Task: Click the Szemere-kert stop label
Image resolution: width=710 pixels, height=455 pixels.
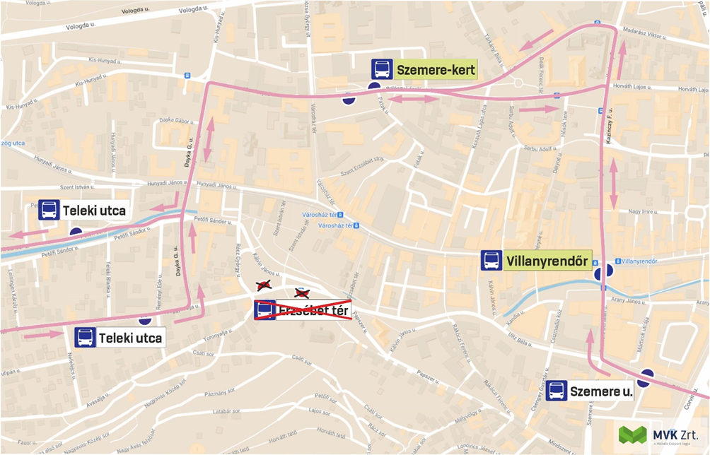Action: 436,70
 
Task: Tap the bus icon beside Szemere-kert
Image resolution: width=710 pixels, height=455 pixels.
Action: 383,69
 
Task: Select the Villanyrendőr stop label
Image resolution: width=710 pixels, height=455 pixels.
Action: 547,261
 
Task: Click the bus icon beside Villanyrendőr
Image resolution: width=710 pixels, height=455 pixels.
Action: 491,261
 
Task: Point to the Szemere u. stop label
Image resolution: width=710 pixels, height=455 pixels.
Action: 601,391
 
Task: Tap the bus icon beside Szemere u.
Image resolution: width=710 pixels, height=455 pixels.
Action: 557,391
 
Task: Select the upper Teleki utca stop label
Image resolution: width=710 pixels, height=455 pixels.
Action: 94,211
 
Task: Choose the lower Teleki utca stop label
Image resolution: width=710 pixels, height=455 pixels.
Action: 131,338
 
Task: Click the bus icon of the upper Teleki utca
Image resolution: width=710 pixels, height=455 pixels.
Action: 49,211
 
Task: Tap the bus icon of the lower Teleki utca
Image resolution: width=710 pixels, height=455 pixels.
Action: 85,338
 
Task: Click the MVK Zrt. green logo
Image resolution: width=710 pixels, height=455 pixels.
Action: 632,435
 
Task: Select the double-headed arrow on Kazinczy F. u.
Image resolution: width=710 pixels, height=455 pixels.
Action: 613,183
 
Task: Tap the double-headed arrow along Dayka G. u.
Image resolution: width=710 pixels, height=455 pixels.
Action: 208,139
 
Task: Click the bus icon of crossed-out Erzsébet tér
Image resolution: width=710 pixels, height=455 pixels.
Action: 265,310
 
